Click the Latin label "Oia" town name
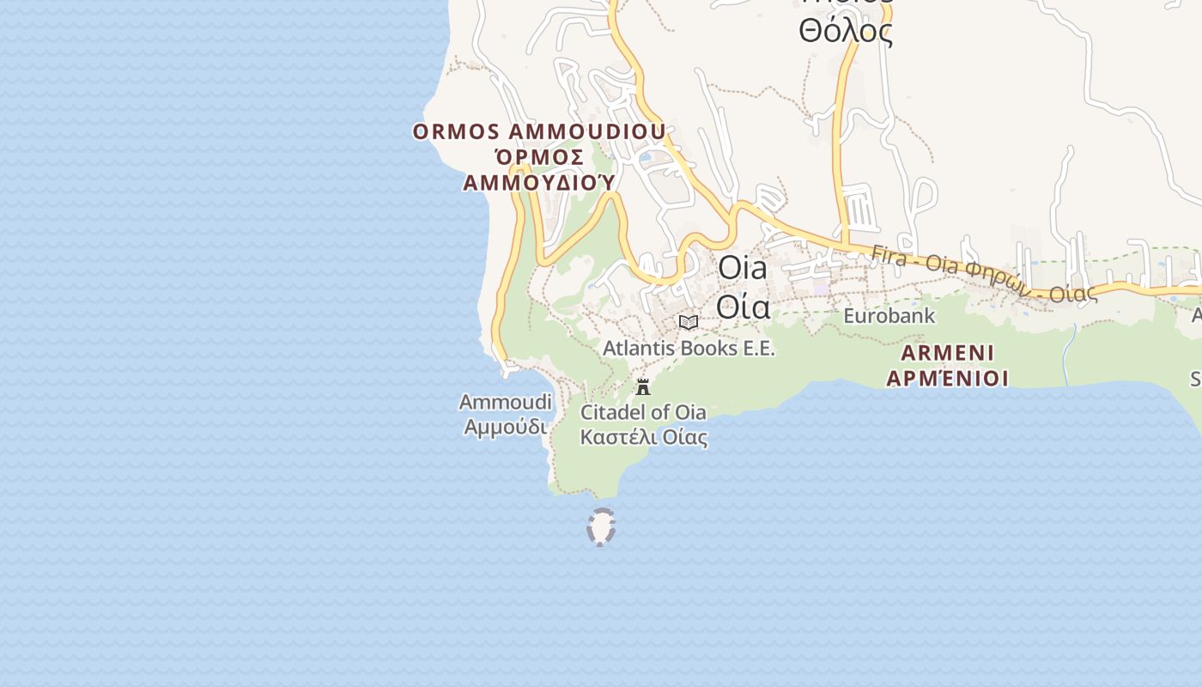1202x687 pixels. [743, 267]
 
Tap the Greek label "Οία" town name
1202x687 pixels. [743, 306]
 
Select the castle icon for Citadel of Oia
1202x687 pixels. [643, 386]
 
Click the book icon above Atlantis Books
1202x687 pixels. [688, 322]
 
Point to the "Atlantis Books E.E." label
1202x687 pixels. [689, 348]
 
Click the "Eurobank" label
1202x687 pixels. [889, 315]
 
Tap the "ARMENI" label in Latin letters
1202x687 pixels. [948, 352]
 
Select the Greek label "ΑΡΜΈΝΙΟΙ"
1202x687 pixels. [947, 378]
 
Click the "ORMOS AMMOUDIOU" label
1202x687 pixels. [539, 131]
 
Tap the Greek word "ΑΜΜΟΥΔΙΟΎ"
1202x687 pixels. [540, 182]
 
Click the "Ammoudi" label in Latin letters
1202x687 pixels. [505, 401]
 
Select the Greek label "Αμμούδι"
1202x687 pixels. [505, 426]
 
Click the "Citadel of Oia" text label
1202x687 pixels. [643, 412]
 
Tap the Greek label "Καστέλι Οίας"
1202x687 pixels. [643, 437]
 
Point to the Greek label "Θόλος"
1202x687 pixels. [846, 31]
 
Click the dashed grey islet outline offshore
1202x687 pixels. [601, 527]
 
